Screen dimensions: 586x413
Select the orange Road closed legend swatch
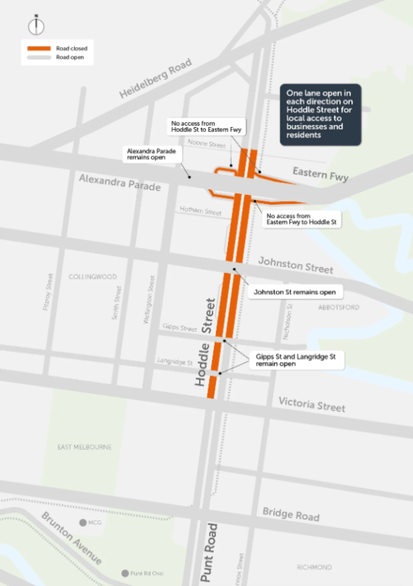(x=37, y=48)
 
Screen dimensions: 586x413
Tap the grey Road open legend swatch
(x=37, y=57)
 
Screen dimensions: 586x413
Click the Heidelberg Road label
(x=155, y=80)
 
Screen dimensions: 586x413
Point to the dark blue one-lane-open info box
(x=321, y=116)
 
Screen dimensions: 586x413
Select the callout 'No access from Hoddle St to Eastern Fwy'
(x=206, y=126)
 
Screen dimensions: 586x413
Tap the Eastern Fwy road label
(x=321, y=174)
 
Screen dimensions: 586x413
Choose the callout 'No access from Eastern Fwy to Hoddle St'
(x=302, y=219)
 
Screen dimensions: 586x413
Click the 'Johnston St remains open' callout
(x=294, y=291)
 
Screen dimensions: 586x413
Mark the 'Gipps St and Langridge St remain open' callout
(x=299, y=361)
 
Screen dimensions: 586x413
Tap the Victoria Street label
(x=311, y=404)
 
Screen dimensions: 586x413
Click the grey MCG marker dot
(x=83, y=522)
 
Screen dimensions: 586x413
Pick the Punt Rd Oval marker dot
(x=125, y=573)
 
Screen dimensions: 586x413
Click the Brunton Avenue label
(x=71, y=537)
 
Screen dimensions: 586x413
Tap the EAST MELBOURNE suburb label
(x=85, y=447)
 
